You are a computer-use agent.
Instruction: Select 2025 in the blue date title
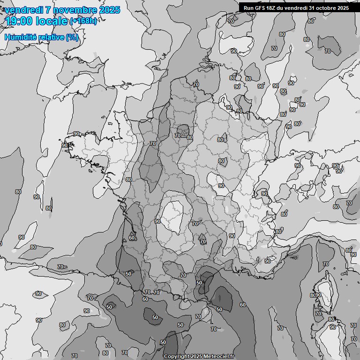click(x=109, y=10)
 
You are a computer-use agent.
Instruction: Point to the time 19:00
click(x=20, y=21)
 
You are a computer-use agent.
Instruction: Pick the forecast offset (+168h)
click(x=83, y=21)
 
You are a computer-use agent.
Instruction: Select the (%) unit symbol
click(x=72, y=37)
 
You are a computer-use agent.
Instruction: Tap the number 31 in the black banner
click(x=315, y=7)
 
